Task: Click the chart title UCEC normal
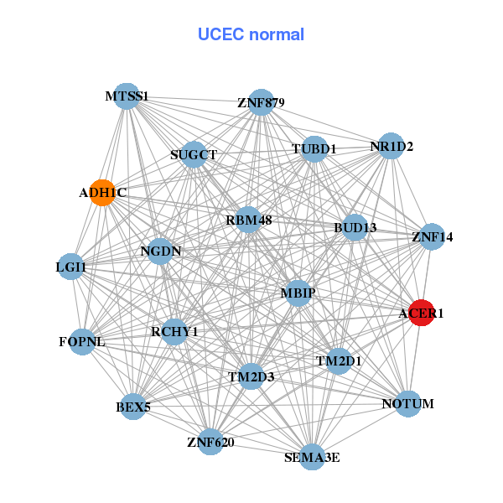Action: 251,34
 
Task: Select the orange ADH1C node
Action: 102,193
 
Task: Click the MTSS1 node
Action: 126,96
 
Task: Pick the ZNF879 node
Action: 262,102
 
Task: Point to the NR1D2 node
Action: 392,146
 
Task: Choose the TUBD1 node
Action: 314,149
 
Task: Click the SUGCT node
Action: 194,154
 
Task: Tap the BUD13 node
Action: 355,227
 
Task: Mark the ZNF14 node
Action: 433,236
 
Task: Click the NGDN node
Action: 160,250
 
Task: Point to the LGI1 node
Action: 71,267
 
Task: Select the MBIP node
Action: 298,293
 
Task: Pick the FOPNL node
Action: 81,341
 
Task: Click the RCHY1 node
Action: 174,332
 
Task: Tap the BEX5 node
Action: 133,407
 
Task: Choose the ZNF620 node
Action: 210,441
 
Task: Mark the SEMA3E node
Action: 312,457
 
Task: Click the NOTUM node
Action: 407,404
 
